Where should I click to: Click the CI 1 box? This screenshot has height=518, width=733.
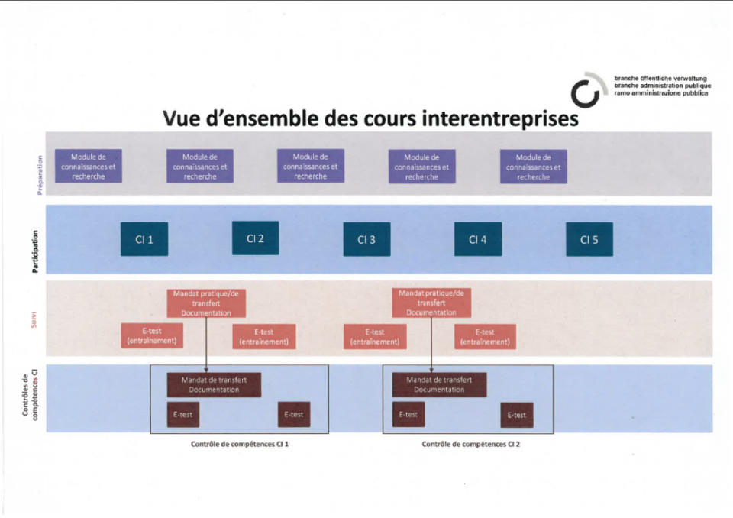pos(144,239)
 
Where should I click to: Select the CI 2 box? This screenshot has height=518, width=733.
pos(255,238)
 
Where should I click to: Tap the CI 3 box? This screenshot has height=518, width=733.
pos(366,239)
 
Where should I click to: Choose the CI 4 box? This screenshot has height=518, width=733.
pos(478,239)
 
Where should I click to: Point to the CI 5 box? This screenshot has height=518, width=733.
pos(589,239)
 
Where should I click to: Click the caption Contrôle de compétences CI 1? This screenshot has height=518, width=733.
pos(239,444)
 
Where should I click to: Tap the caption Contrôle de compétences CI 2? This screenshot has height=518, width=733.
pos(471,444)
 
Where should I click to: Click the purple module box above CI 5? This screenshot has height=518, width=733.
pos(533,167)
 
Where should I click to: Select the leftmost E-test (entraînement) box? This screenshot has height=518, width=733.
pos(152,336)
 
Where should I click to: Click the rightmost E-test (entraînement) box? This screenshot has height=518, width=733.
pos(485,336)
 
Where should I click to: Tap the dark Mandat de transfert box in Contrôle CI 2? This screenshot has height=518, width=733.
pos(439,384)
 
